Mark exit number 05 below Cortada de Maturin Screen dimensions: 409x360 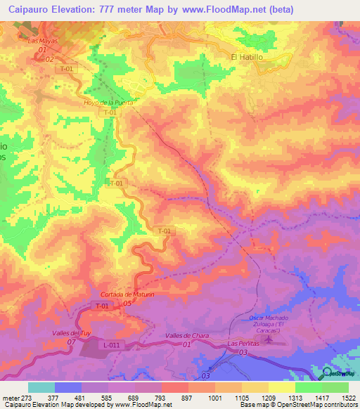click(127, 303)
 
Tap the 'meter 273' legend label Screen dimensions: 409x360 click(15, 397)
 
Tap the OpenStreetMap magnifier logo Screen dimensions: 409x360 click(328, 372)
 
